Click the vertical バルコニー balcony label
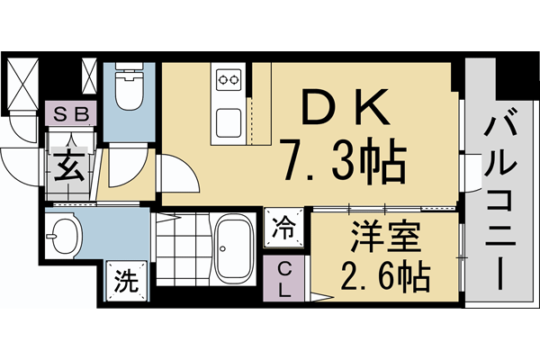click(500, 198)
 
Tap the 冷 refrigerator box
click(283, 227)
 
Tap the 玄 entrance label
click(69, 168)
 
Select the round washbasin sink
click(63, 236)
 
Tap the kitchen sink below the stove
click(228, 119)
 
